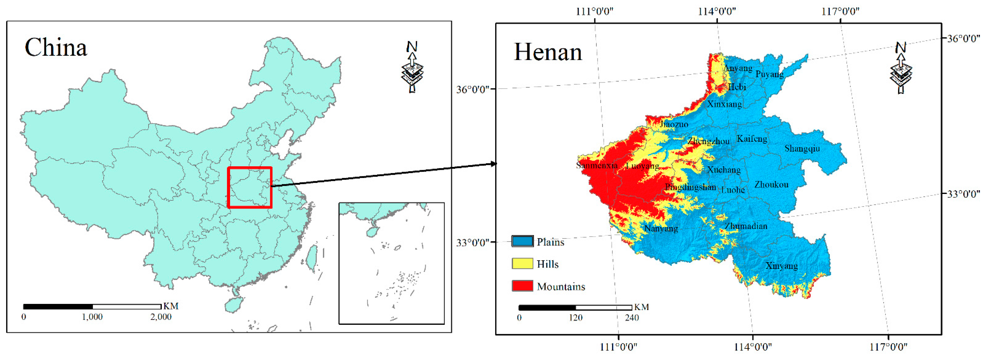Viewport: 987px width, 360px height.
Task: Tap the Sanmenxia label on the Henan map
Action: [x=596, y=165]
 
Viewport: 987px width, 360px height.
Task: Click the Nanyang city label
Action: [x=661, y=229]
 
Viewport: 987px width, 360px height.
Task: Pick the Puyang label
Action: [x=769, y=74]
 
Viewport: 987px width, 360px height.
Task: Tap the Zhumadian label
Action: [x=746, y=226]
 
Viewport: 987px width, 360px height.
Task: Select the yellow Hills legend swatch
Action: [x=522, y=264]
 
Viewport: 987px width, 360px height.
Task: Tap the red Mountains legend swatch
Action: [x=522, y=286]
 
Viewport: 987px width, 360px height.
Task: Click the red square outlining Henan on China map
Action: [x=249, y=187]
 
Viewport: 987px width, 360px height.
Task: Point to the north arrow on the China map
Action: [x=412, y=67]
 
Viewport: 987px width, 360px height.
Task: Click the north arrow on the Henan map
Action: [x=900, y=68]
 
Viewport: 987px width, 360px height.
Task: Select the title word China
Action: [x=56, y=48]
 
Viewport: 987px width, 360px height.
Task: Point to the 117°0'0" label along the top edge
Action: [x=840, y=11]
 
